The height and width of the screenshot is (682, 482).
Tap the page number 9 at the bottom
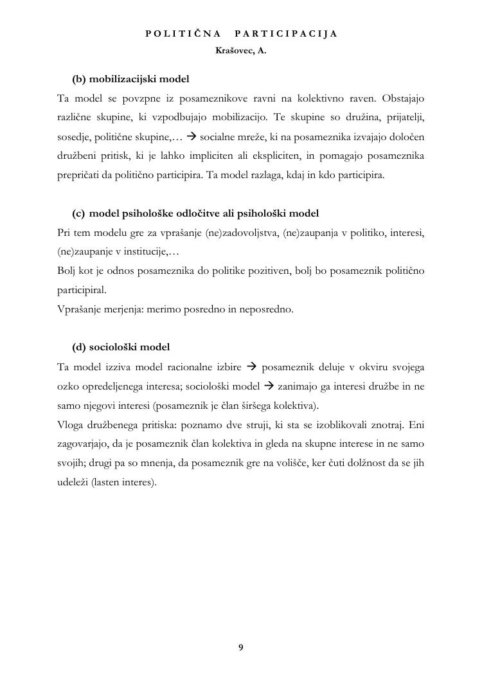point(240,647)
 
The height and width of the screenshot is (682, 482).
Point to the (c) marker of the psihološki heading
point(78,213)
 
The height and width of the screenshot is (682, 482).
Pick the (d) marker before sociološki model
point(79,347)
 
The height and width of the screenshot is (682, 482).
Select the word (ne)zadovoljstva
point(241,232)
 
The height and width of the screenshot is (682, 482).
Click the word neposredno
point(265,309)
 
